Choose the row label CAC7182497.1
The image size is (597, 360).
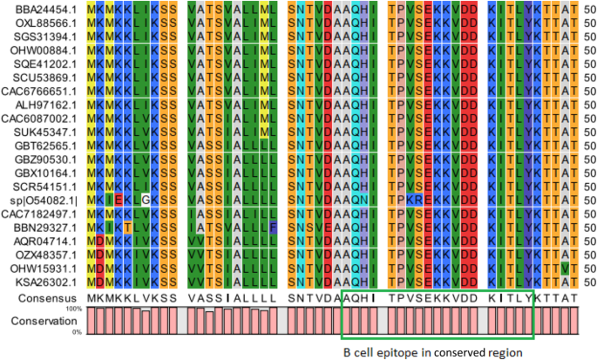click(33, 214)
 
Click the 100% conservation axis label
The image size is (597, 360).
click(73, 309)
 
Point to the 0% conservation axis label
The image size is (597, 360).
click(77, 332)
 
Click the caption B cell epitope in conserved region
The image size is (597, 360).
click(432, 352)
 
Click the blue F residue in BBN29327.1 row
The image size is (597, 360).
click(273, 228)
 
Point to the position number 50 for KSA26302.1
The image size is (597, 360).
click(587, 282)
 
